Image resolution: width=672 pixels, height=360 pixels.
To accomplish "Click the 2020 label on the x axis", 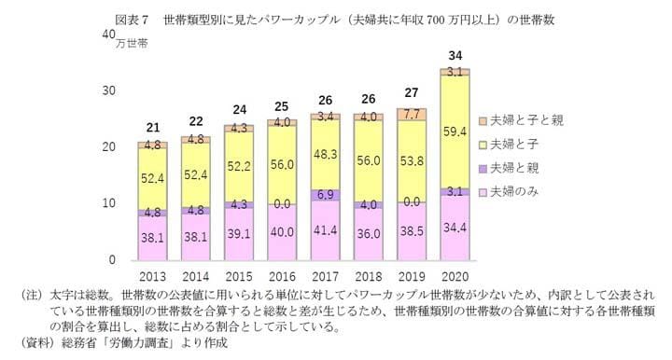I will click(455, 277).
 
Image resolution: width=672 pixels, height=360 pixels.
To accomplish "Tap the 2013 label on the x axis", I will click(152, 277).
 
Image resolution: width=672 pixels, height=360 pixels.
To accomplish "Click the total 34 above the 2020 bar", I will click(455, 54).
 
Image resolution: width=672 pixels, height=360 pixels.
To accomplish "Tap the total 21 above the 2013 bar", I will click(152, 127).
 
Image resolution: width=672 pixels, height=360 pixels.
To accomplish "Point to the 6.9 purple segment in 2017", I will click(325, 195).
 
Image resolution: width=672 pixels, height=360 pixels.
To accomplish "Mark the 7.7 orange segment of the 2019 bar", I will click(412, 114).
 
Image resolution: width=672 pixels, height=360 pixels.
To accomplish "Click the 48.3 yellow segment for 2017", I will click(325, 152).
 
